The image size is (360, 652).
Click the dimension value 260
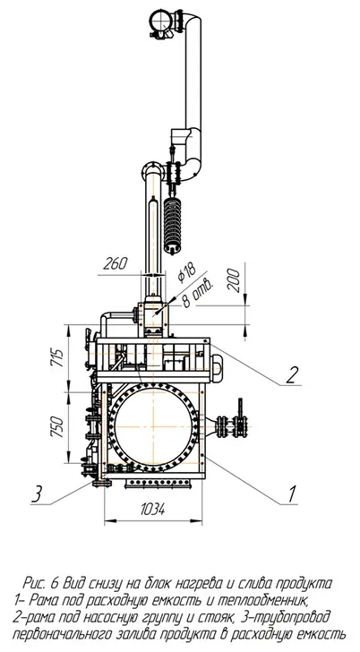click(116, 263)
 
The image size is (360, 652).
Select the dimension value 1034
click(152, 508)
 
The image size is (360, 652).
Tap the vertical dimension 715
click(57, 357)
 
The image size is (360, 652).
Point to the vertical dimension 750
click(57, 426)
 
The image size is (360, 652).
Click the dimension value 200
click(233, 280)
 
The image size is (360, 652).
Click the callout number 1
click(292, 494)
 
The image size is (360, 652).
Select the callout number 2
click(292, 375)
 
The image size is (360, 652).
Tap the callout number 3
click(38, 494)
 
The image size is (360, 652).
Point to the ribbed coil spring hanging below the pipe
click(172, 225)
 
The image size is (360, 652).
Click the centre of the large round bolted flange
click(153, 427)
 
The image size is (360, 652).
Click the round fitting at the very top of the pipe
click(160, 20)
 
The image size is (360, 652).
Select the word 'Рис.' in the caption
click(36, 583)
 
